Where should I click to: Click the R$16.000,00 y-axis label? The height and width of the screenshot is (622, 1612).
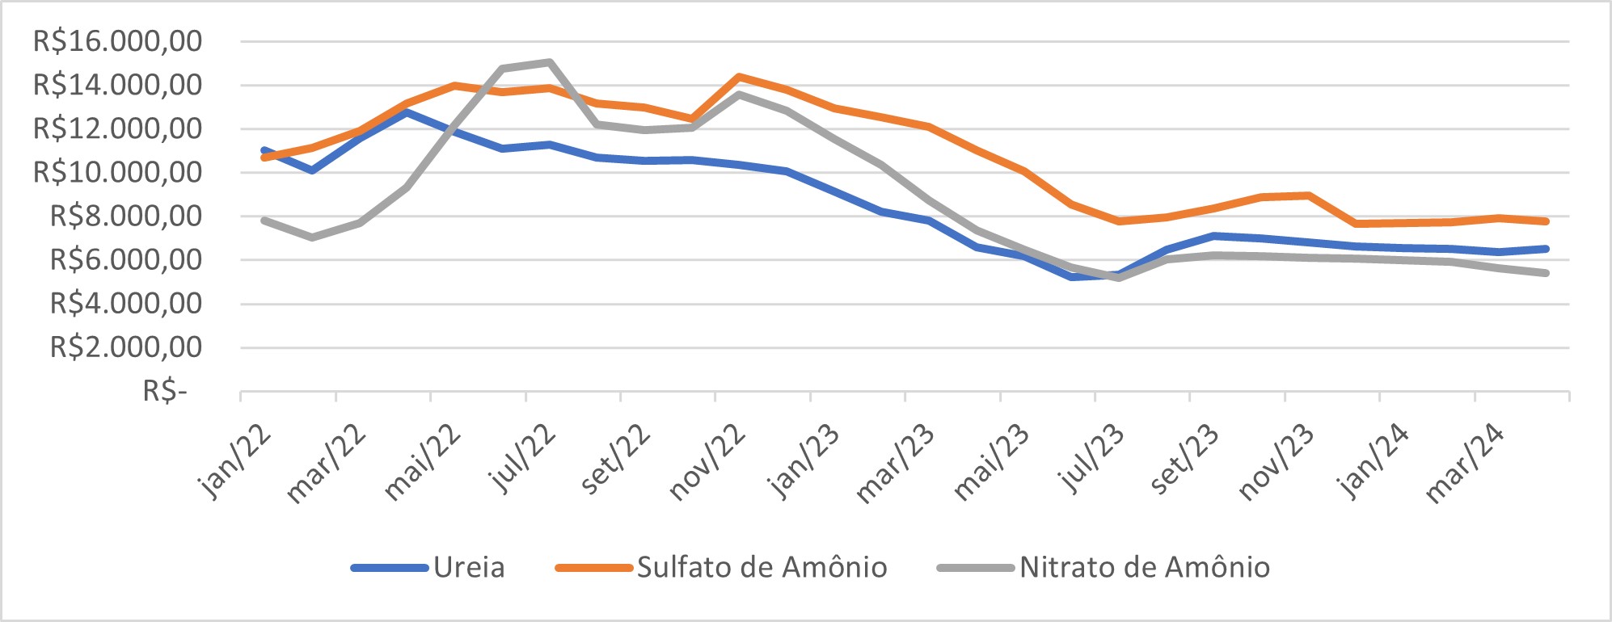point(117,40)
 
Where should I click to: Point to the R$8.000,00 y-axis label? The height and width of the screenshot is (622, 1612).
point(126,216)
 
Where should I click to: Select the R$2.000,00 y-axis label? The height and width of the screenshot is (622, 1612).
point(126,347)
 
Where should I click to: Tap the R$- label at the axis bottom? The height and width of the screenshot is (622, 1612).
point(165,391)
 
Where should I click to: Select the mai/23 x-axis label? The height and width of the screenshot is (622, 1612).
point(991,462)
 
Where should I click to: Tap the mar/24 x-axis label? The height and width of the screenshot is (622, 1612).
point(1465,464)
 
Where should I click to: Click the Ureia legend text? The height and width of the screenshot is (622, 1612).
point(469,567)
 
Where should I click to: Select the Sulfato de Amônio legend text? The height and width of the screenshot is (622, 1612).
point(762,567)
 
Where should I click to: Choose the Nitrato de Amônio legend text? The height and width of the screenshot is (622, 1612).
point(1144,567)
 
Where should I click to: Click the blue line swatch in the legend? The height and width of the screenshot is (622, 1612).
point(390,568)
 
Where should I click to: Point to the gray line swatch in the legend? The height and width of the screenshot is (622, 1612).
point(975,568)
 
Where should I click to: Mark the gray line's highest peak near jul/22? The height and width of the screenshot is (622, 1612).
point(550,61)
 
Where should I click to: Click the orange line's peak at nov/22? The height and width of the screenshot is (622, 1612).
point(739,77)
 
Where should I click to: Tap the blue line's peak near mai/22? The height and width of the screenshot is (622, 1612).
point(407,112)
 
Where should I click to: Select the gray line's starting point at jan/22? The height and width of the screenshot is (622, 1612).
point(264,220)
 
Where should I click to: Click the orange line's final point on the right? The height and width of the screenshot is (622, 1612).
point(1546,221)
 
